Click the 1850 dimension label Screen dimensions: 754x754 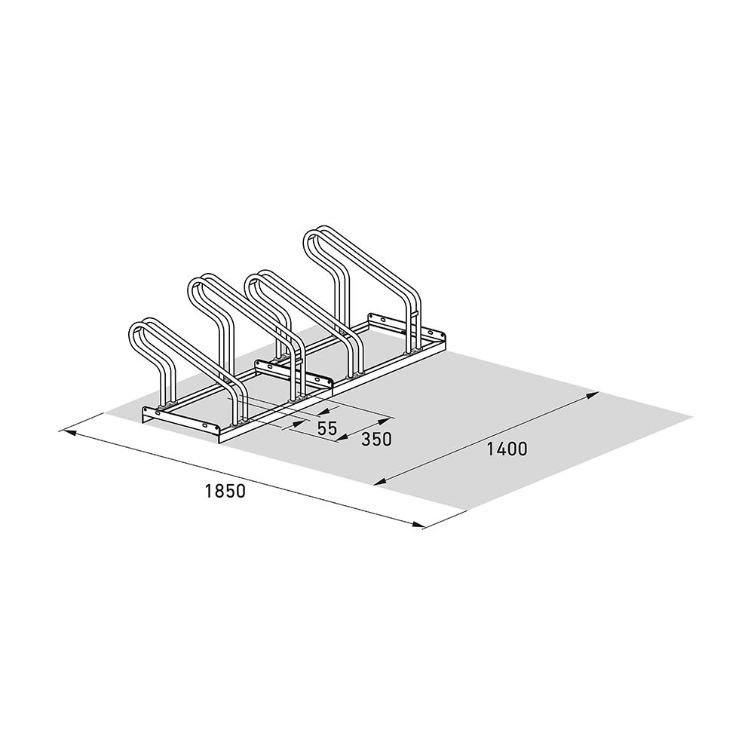(x=225, y=491)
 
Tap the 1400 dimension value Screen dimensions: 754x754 (x=507, y=449)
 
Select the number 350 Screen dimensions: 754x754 (x=376, y=439)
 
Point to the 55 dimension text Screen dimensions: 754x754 (x=327, y=428)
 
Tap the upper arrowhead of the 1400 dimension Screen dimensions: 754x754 (x=592, y=396)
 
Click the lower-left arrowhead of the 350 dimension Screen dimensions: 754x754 (x=342, y=437)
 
